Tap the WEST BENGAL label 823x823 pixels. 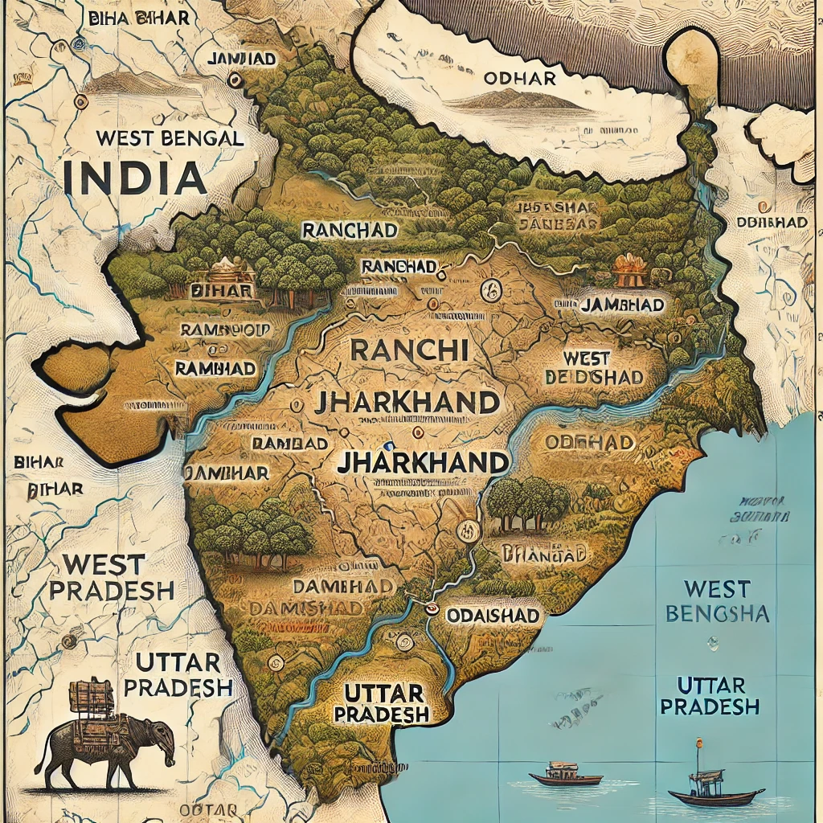(x=170, y=137)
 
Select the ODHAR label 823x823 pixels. (x=520, y=78)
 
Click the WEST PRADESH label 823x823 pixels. (x=111, y=577)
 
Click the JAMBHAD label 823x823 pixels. (x=622, y=305)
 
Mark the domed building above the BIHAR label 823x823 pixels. (x=230, y=265)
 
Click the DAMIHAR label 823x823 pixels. (x=227, y=473)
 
